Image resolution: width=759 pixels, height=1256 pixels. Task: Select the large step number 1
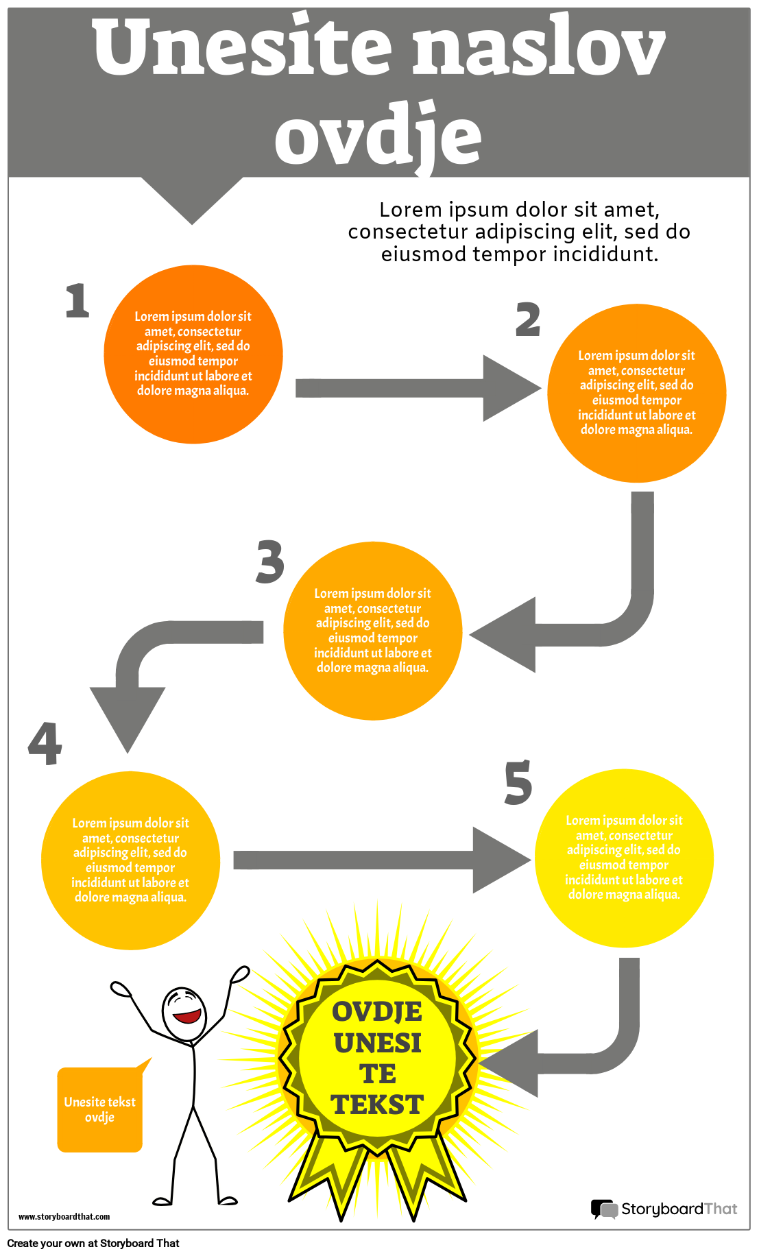click(77, 301)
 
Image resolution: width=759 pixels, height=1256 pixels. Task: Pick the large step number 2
click(528, 319)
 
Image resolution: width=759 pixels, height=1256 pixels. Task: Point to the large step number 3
click(270, 562)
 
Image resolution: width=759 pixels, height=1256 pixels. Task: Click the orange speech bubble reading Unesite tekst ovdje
click(100, 1109)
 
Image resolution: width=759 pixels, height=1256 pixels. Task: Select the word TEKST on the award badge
click(377, 1104)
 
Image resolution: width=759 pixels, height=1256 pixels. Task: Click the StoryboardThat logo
click(664, 1209)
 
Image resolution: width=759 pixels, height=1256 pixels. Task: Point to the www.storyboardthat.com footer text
click(64, 1217)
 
